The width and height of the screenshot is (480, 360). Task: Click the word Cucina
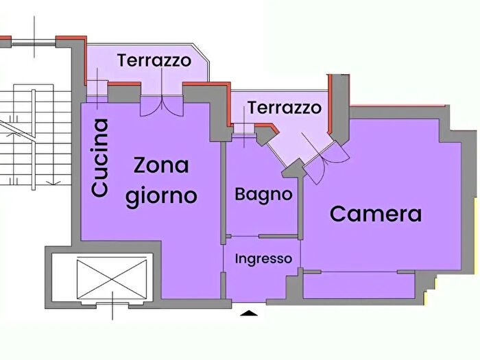[100, 158]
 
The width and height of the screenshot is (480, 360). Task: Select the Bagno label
[263, 194]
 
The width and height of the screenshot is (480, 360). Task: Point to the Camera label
[376, 214]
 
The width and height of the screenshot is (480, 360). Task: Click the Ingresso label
[264, 259]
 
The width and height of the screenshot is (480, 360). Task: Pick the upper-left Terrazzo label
[154, 60]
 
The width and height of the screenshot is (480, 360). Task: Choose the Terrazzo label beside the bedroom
[284, 108]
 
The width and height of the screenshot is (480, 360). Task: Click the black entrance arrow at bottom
[251, 314]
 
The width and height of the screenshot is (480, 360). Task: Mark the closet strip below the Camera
[359, 285]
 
